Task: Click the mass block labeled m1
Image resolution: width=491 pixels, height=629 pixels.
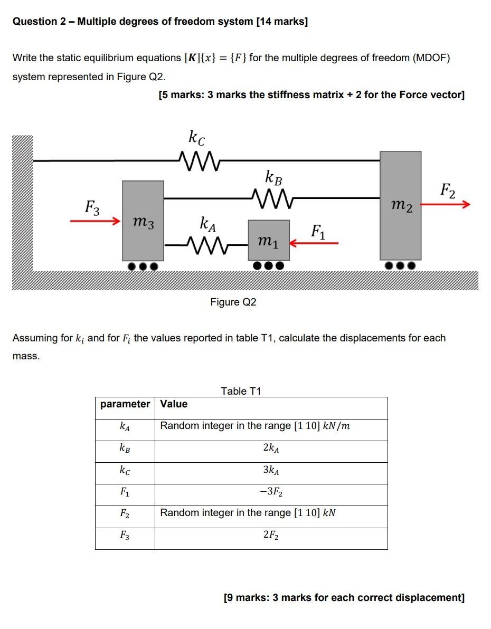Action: coord(269,241)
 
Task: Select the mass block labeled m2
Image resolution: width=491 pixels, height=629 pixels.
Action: coord(400,206)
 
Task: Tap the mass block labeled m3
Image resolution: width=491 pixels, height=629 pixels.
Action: coord(143,221)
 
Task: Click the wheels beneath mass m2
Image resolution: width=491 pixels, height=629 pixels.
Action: coord(400,265)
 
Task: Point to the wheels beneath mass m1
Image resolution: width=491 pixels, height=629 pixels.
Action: coord(269,265)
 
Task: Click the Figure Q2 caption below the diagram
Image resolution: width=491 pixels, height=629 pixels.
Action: coord(233,302)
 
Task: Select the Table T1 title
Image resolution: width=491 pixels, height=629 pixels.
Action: coord(241,391)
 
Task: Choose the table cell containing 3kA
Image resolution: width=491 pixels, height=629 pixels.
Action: coord(271,470)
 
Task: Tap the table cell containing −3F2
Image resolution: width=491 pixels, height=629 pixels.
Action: coord(271,492)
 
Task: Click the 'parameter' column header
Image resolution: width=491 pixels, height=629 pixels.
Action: coord(125,404)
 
